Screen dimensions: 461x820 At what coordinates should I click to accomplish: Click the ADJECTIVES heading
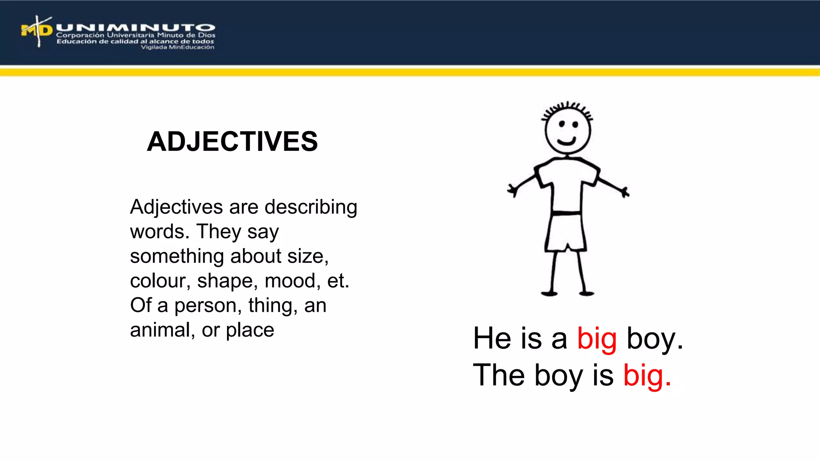click(x=232, y=142)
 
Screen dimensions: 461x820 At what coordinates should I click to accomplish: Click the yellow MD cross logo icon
click(x=37, y=31)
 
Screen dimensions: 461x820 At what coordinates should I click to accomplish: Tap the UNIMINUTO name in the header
click(x=135, y=28)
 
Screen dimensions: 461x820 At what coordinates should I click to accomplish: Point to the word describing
click(x=311, y=207)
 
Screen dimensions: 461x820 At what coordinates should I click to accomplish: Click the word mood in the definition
click(x=289, y=281)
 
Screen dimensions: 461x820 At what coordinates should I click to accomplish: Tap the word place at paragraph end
click(x=250, y=331)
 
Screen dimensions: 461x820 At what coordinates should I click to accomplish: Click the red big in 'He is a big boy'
click(x=597, y=339)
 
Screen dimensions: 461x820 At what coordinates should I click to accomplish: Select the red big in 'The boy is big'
click(x=643, y=376)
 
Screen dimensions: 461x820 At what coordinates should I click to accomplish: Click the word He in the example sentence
click(x=492, y=339)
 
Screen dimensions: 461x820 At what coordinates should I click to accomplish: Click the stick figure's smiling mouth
click(x=567, y=141)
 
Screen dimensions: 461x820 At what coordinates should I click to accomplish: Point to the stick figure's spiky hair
click(x=567, y=108)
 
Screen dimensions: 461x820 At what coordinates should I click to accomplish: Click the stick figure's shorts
click(x=566, y=232)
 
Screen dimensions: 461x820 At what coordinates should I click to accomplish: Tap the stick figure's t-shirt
click(x=567, y=182)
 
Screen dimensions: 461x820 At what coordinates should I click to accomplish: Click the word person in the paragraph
click(x=205, y=306)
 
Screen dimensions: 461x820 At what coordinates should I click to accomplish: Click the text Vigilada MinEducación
click(x=177, y=47)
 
